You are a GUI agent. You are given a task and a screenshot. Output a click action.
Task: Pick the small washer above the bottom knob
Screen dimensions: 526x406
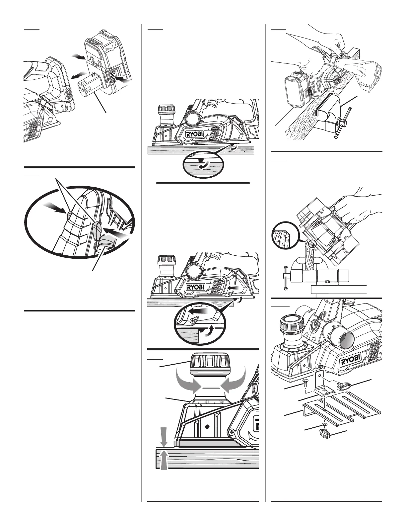coord(323,425)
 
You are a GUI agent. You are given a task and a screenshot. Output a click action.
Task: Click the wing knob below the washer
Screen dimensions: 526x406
coord(324,432)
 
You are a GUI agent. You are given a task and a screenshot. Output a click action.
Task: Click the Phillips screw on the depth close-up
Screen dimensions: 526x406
coord(232,432)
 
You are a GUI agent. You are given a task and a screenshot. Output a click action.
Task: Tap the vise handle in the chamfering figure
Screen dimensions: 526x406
coord(286,278)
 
